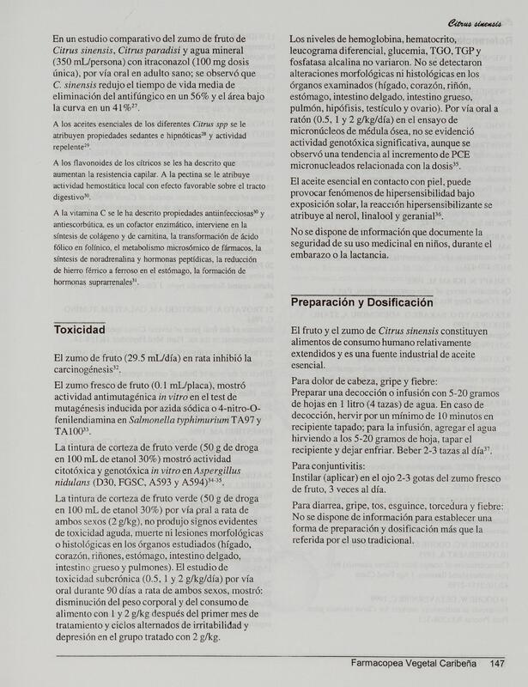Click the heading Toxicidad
coord(79,330)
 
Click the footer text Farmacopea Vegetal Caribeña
coord(414,662)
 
